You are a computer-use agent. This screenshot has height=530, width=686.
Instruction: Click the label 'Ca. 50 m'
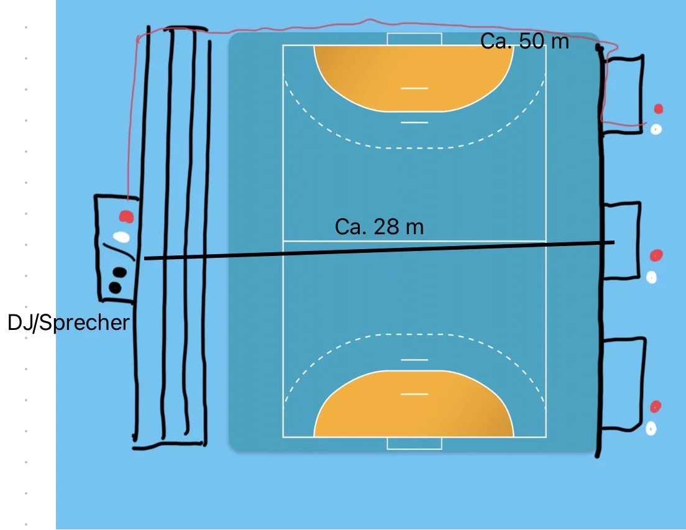pyautogui.click(x=524, y=42)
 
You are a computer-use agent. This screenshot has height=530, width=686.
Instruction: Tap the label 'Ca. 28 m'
pyautogui.click(x=379, y=227)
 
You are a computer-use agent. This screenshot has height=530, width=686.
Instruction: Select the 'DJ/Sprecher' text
pyautogui.click(x=68, y=323)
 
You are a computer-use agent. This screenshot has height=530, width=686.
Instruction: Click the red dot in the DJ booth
pyautogui.click(x=127, y=216)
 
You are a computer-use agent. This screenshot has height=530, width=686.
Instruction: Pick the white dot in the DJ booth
pyautogui.click(x=121, y=237)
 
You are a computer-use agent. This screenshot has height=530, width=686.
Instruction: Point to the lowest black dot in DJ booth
pyautogui.click(x=115, y=287)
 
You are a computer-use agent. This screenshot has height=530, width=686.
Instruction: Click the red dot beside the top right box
pyautogui.click(x=659, y=109)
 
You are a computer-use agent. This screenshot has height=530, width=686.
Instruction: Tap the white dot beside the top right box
pyautogui.click(x=656, y=130)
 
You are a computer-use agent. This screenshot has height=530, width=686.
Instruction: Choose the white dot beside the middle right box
pyautogui.click(x=651, y=277)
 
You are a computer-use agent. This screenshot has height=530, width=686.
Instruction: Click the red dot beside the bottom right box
pyautogui.click(x=655, y=406)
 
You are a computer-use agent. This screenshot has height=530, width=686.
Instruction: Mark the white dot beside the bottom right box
pyautogui.click(x=651, y=428)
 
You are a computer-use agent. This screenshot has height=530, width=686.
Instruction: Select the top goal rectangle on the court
pyautogui.click(x=414, y=39)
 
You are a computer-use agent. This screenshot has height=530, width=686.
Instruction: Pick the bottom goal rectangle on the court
pyautogui.click(x=414, y=443)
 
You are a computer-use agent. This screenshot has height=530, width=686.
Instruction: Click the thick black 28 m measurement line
pyautogui.click(x=379, y=250)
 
